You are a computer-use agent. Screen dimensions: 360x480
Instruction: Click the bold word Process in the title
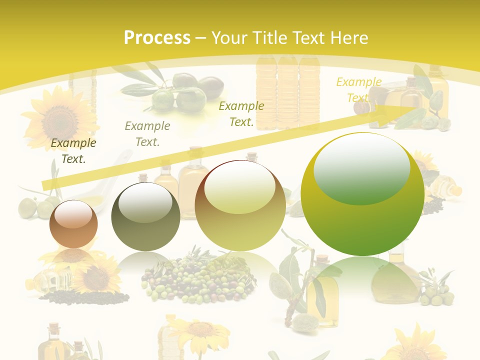pos(157,38)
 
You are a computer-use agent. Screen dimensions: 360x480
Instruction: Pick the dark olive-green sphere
pos(145,216)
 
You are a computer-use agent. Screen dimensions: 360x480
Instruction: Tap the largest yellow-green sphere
pos(362,194)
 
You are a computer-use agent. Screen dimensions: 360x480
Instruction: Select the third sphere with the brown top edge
pos(240,205)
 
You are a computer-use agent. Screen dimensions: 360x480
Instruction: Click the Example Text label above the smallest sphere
pos(73,151)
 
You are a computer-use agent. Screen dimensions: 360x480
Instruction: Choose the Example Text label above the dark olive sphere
pos(147,134)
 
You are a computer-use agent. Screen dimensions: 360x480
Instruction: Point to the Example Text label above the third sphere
pos(241,114)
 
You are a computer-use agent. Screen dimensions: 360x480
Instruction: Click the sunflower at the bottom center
pos(200,332)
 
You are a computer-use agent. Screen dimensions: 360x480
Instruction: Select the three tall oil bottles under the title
pos(287,92)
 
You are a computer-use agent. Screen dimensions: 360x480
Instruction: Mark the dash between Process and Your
pos(201,38)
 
